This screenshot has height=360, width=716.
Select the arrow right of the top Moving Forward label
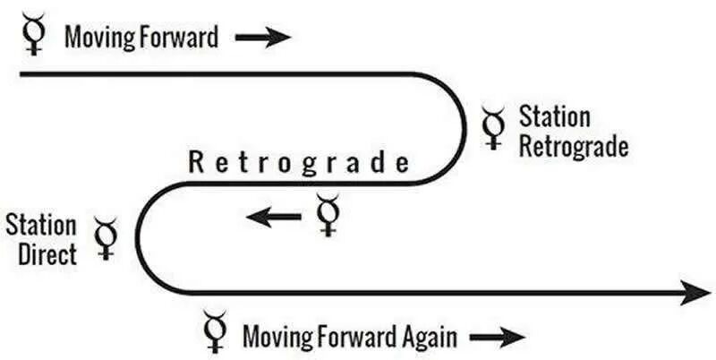(263, 38)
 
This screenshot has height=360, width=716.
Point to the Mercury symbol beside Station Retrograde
(492, 128)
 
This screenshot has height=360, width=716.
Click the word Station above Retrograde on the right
(554, 117)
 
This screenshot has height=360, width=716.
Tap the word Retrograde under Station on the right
(573, 145)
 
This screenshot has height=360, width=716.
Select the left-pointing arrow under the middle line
(274, 215)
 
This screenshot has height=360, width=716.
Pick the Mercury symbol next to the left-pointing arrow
(328, 216)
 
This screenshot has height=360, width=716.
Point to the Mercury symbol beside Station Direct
(107, 238)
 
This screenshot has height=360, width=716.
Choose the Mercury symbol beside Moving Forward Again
(214, 332)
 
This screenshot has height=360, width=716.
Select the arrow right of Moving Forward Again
(498, 338)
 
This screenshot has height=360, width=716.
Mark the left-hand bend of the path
(138, 238)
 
